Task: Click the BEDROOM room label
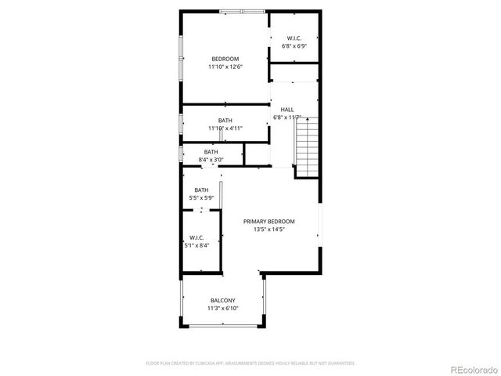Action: point(225,59)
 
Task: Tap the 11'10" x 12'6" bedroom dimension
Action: point(225,67)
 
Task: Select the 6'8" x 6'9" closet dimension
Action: point(294,46)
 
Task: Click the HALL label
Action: point(287,110)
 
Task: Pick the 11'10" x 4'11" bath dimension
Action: point(225,128)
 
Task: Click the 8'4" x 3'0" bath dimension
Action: point(211,160)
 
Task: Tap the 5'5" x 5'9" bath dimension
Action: point(201,199)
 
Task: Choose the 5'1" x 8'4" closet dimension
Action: point(196,245)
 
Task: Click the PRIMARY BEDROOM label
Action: point(269,222)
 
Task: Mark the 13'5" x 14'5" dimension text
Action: point(269,230)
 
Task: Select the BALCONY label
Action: point(222,300)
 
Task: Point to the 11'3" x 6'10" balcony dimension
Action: point(222,309)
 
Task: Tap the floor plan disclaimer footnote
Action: point(250,363)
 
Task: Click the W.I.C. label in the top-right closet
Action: point(294,38)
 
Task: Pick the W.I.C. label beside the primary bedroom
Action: point(196,237)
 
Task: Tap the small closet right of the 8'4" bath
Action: point(256,154)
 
